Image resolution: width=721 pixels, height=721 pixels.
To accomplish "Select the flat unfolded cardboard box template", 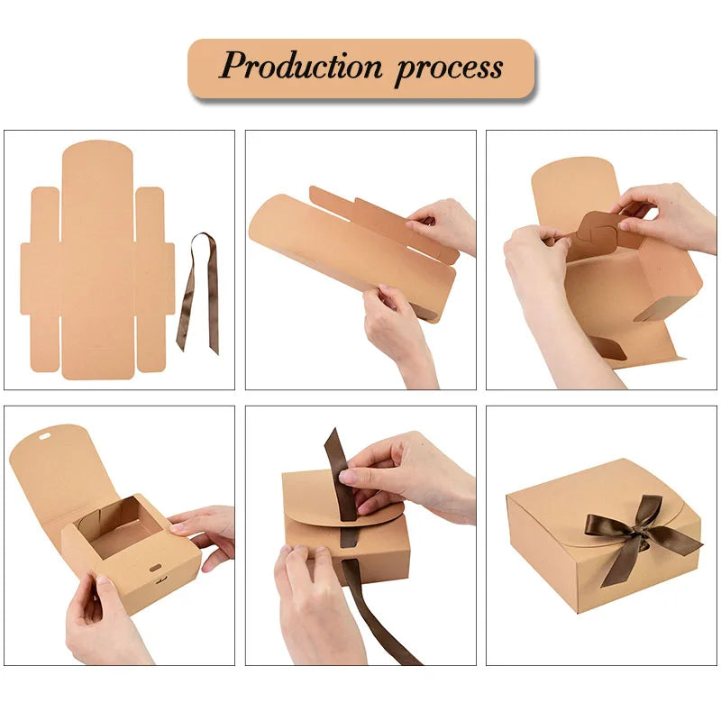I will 97,261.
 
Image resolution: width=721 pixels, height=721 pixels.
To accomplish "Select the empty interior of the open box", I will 122,532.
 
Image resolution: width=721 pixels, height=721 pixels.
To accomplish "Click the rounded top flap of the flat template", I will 97,162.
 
